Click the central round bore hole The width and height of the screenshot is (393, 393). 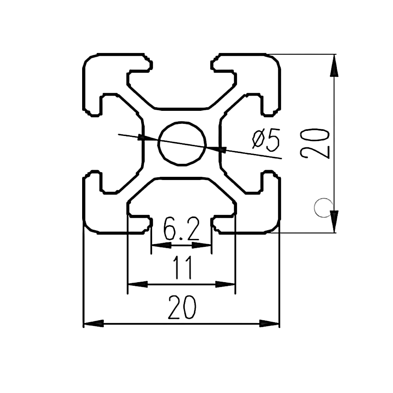tap(182, 143)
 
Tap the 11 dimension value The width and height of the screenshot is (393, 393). tap(182, 267)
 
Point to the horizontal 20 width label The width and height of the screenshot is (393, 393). tap(182, 307)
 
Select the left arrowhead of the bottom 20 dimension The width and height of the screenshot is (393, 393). tap(94, 324)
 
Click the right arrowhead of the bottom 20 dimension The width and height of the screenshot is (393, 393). tap(269, 324)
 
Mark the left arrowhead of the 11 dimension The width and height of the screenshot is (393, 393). tap(138, 284)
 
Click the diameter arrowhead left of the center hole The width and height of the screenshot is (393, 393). tap(147, 139)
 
